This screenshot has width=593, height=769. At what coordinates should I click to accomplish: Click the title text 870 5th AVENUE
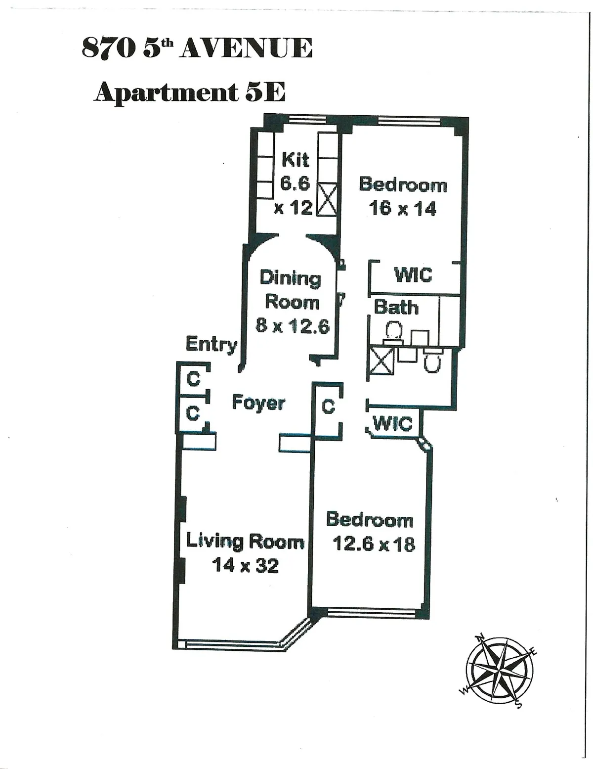(x=197, y=48)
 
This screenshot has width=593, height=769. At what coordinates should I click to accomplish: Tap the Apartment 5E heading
(x=190, y=92)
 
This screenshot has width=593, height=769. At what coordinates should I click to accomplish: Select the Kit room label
(x=295, y=160)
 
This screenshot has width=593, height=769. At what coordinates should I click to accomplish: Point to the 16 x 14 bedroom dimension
(x=403, y=208)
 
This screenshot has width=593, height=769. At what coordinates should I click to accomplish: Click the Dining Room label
(x=291, y=290)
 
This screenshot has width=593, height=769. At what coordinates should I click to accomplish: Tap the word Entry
(x=211, y=344)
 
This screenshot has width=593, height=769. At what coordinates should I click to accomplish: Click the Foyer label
(x=258, y=403)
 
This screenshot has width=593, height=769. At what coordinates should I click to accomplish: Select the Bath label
(x=396, y=307)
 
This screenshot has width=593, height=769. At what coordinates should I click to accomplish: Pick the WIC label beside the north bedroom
(x=413, y=274)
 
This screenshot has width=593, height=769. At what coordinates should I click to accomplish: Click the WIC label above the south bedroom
(x=393, y=423)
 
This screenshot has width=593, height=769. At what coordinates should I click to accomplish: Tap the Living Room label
(x=245, y=542)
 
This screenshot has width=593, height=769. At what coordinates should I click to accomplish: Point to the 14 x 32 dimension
(x=245, y=565)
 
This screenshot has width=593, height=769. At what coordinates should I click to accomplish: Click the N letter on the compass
(x=479, y=638)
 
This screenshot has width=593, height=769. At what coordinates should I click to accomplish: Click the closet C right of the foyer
(x=328, y=407)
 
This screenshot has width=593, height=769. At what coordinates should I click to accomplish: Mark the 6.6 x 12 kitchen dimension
(x=295, y=195)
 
